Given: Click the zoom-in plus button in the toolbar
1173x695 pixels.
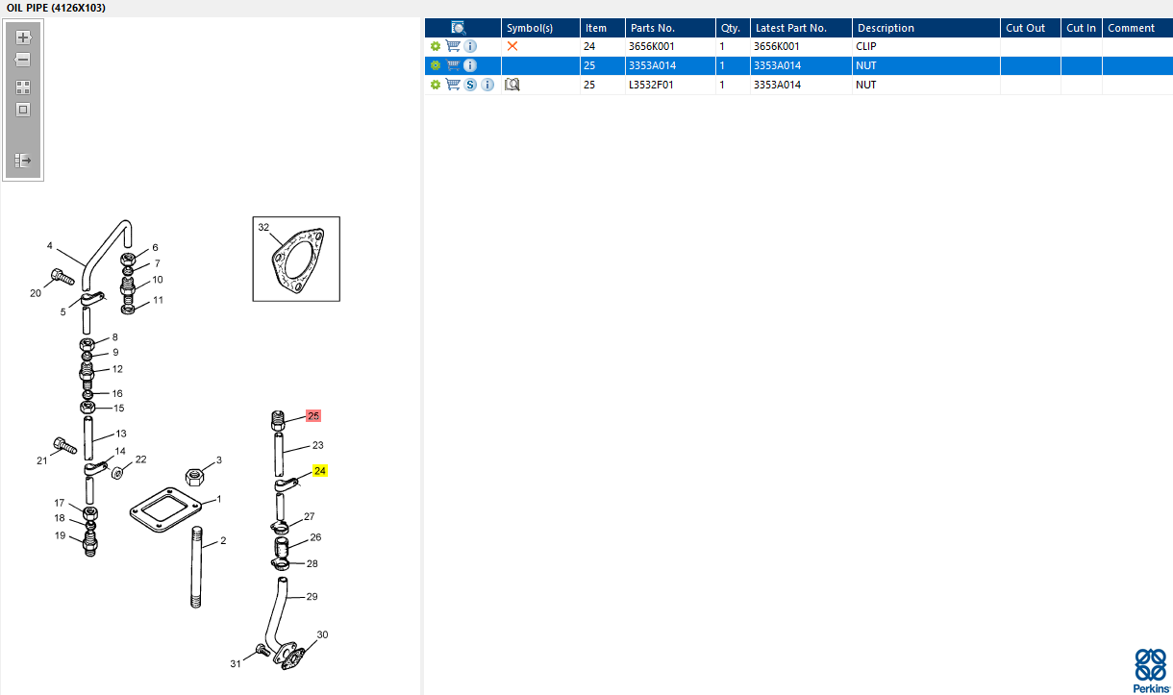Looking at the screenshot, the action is pos(22,37).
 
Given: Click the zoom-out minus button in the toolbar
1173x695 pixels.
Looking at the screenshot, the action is pos(22,60).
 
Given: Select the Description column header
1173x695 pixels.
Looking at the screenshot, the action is pos(886,28).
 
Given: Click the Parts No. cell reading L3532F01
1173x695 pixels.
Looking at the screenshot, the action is pos(651,85).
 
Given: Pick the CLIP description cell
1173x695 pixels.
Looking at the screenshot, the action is pos(866,46).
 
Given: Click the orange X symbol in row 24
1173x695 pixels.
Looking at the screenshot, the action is pos(512,46).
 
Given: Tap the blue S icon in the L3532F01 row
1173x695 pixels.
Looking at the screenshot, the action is pos(470,85).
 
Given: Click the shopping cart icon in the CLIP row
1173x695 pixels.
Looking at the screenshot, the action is pos(453,46).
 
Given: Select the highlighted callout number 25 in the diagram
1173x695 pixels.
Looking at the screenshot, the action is pos(313,416).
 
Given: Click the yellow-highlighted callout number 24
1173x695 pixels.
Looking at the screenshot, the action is pos(319,471).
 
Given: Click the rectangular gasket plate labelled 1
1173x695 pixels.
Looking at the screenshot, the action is pos(166,509).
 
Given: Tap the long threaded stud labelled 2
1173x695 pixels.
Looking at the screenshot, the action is pos(196,567).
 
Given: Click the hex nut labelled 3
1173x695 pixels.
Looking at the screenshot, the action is pos(195,477).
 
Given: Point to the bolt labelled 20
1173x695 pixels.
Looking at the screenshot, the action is pos(62,277).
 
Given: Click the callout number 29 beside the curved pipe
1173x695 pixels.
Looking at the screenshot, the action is pos(312,597).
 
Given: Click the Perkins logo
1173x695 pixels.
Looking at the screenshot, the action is pos(1151,671).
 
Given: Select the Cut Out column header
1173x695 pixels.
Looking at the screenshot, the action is pos(1025,28).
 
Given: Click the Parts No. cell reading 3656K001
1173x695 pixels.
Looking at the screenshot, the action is pos(651,46).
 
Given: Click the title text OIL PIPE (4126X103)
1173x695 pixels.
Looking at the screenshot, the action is pos(56,8).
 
